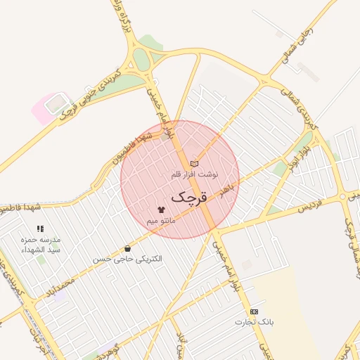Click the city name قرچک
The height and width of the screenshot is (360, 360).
tap(190, 198)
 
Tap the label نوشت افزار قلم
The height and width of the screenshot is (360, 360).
tap(195, 173)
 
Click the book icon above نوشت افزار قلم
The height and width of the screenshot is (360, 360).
tap(195, 163)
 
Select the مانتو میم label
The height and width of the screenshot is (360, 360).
tap(161, 221)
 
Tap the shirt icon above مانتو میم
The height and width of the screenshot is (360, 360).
tap(161, 210)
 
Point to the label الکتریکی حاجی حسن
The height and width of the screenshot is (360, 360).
tap(127, 259)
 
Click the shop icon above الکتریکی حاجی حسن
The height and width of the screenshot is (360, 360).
tap(127, 249)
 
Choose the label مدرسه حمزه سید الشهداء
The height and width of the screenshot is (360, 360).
tap(41, 245)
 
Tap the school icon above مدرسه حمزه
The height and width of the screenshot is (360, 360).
tap(40, 229)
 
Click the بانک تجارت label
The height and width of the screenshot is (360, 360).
tap(253, 322)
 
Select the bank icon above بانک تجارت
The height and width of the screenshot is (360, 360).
tap(254, 311)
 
